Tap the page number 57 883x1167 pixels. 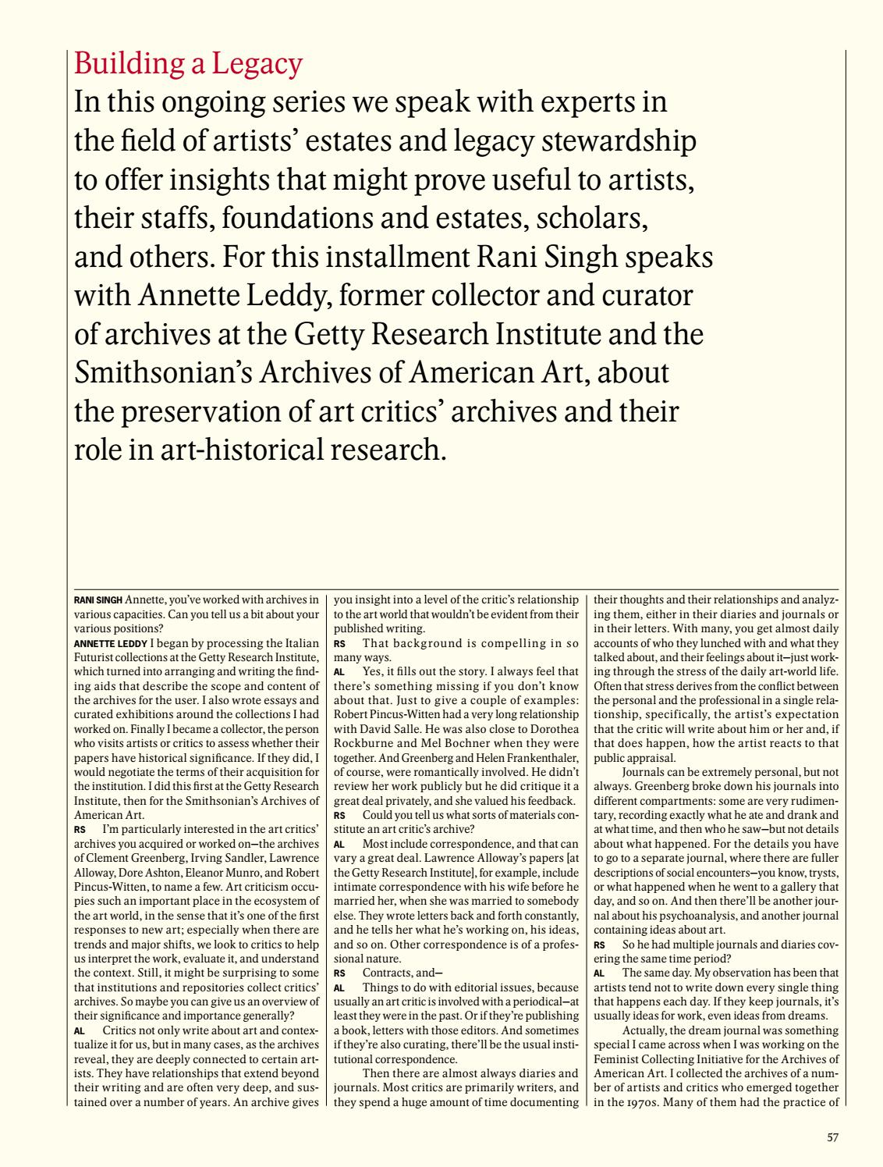click(x=832, y=1137)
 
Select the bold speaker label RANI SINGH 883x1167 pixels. click(x=98, y=600)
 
